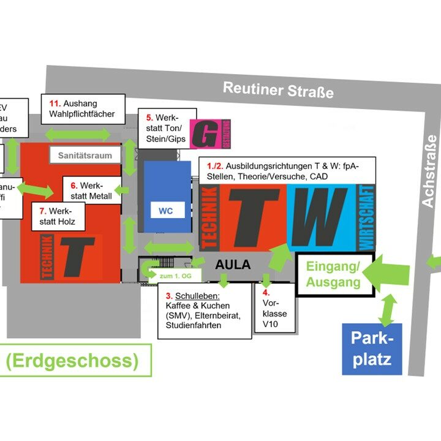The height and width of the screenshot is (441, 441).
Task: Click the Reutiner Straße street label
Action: [x=278, y=89]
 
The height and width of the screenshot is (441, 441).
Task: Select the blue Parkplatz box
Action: [x=372, y=349]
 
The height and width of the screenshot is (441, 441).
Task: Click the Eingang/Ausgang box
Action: [x=333, y=275]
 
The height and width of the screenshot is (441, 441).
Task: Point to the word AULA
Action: [x=233, y=265]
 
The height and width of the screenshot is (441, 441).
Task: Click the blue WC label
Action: [x=166, y=211]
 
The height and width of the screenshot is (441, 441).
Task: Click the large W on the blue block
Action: [x=323, y=218]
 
